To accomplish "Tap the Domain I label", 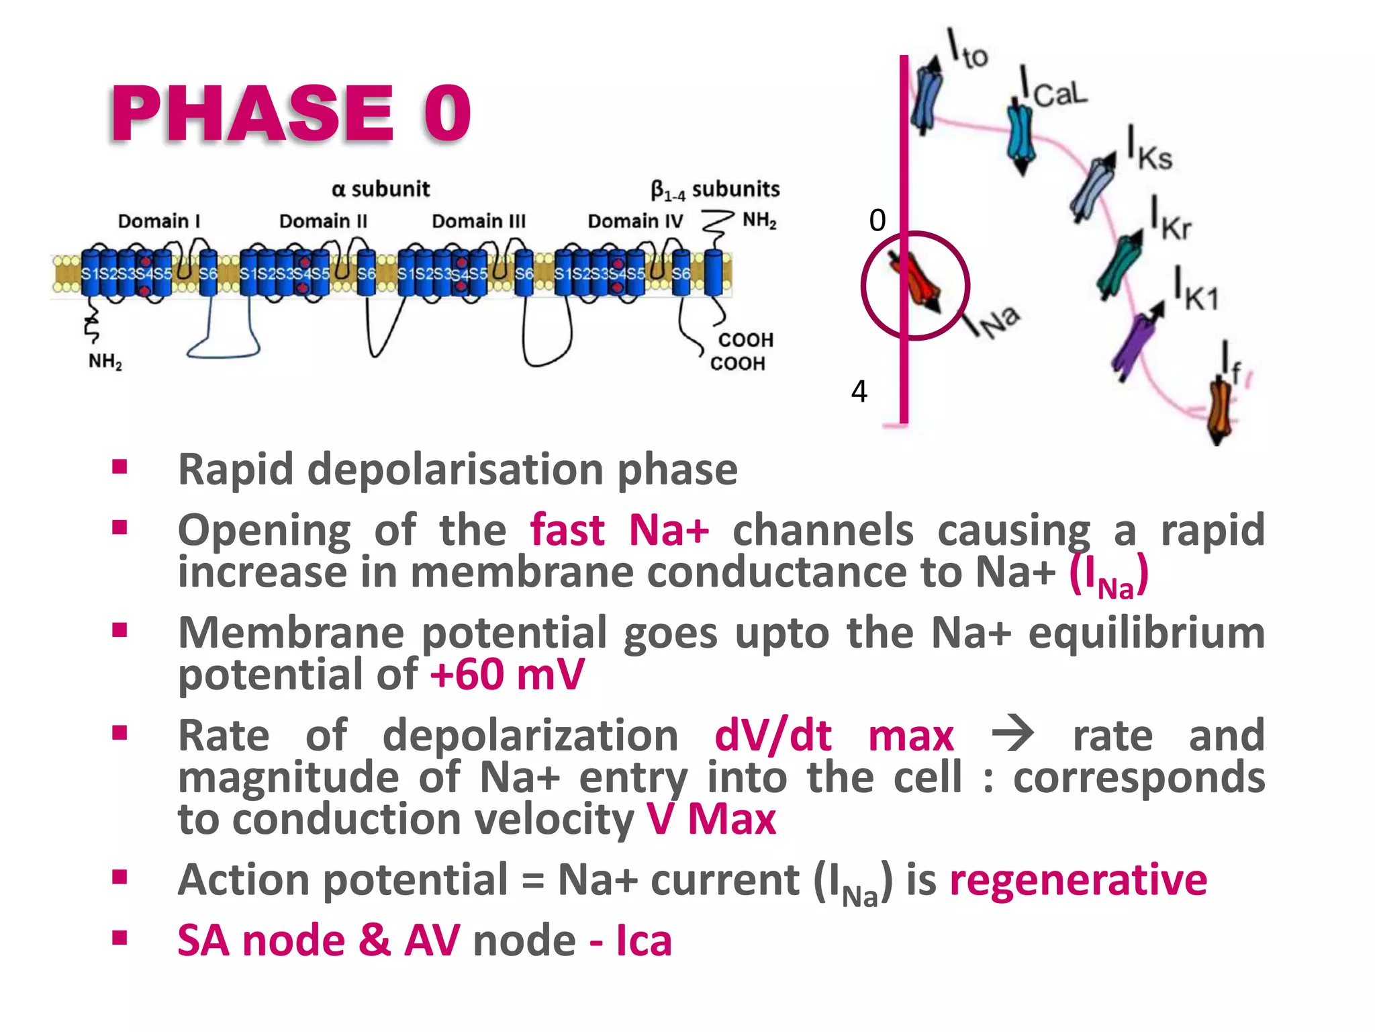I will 159,221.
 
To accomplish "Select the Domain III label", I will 478,221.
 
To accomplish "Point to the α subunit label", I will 380,189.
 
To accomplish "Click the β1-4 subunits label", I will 715,190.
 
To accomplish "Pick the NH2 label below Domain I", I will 105,361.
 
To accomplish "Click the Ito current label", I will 967,48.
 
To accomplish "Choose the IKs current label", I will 1149,150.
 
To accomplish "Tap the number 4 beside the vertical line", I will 859,391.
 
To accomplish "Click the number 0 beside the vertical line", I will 877,220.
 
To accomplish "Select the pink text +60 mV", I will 507,675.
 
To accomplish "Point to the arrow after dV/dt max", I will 1012,734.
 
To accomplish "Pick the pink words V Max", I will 712,819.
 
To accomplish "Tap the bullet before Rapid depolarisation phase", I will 120,467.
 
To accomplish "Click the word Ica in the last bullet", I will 643,941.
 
